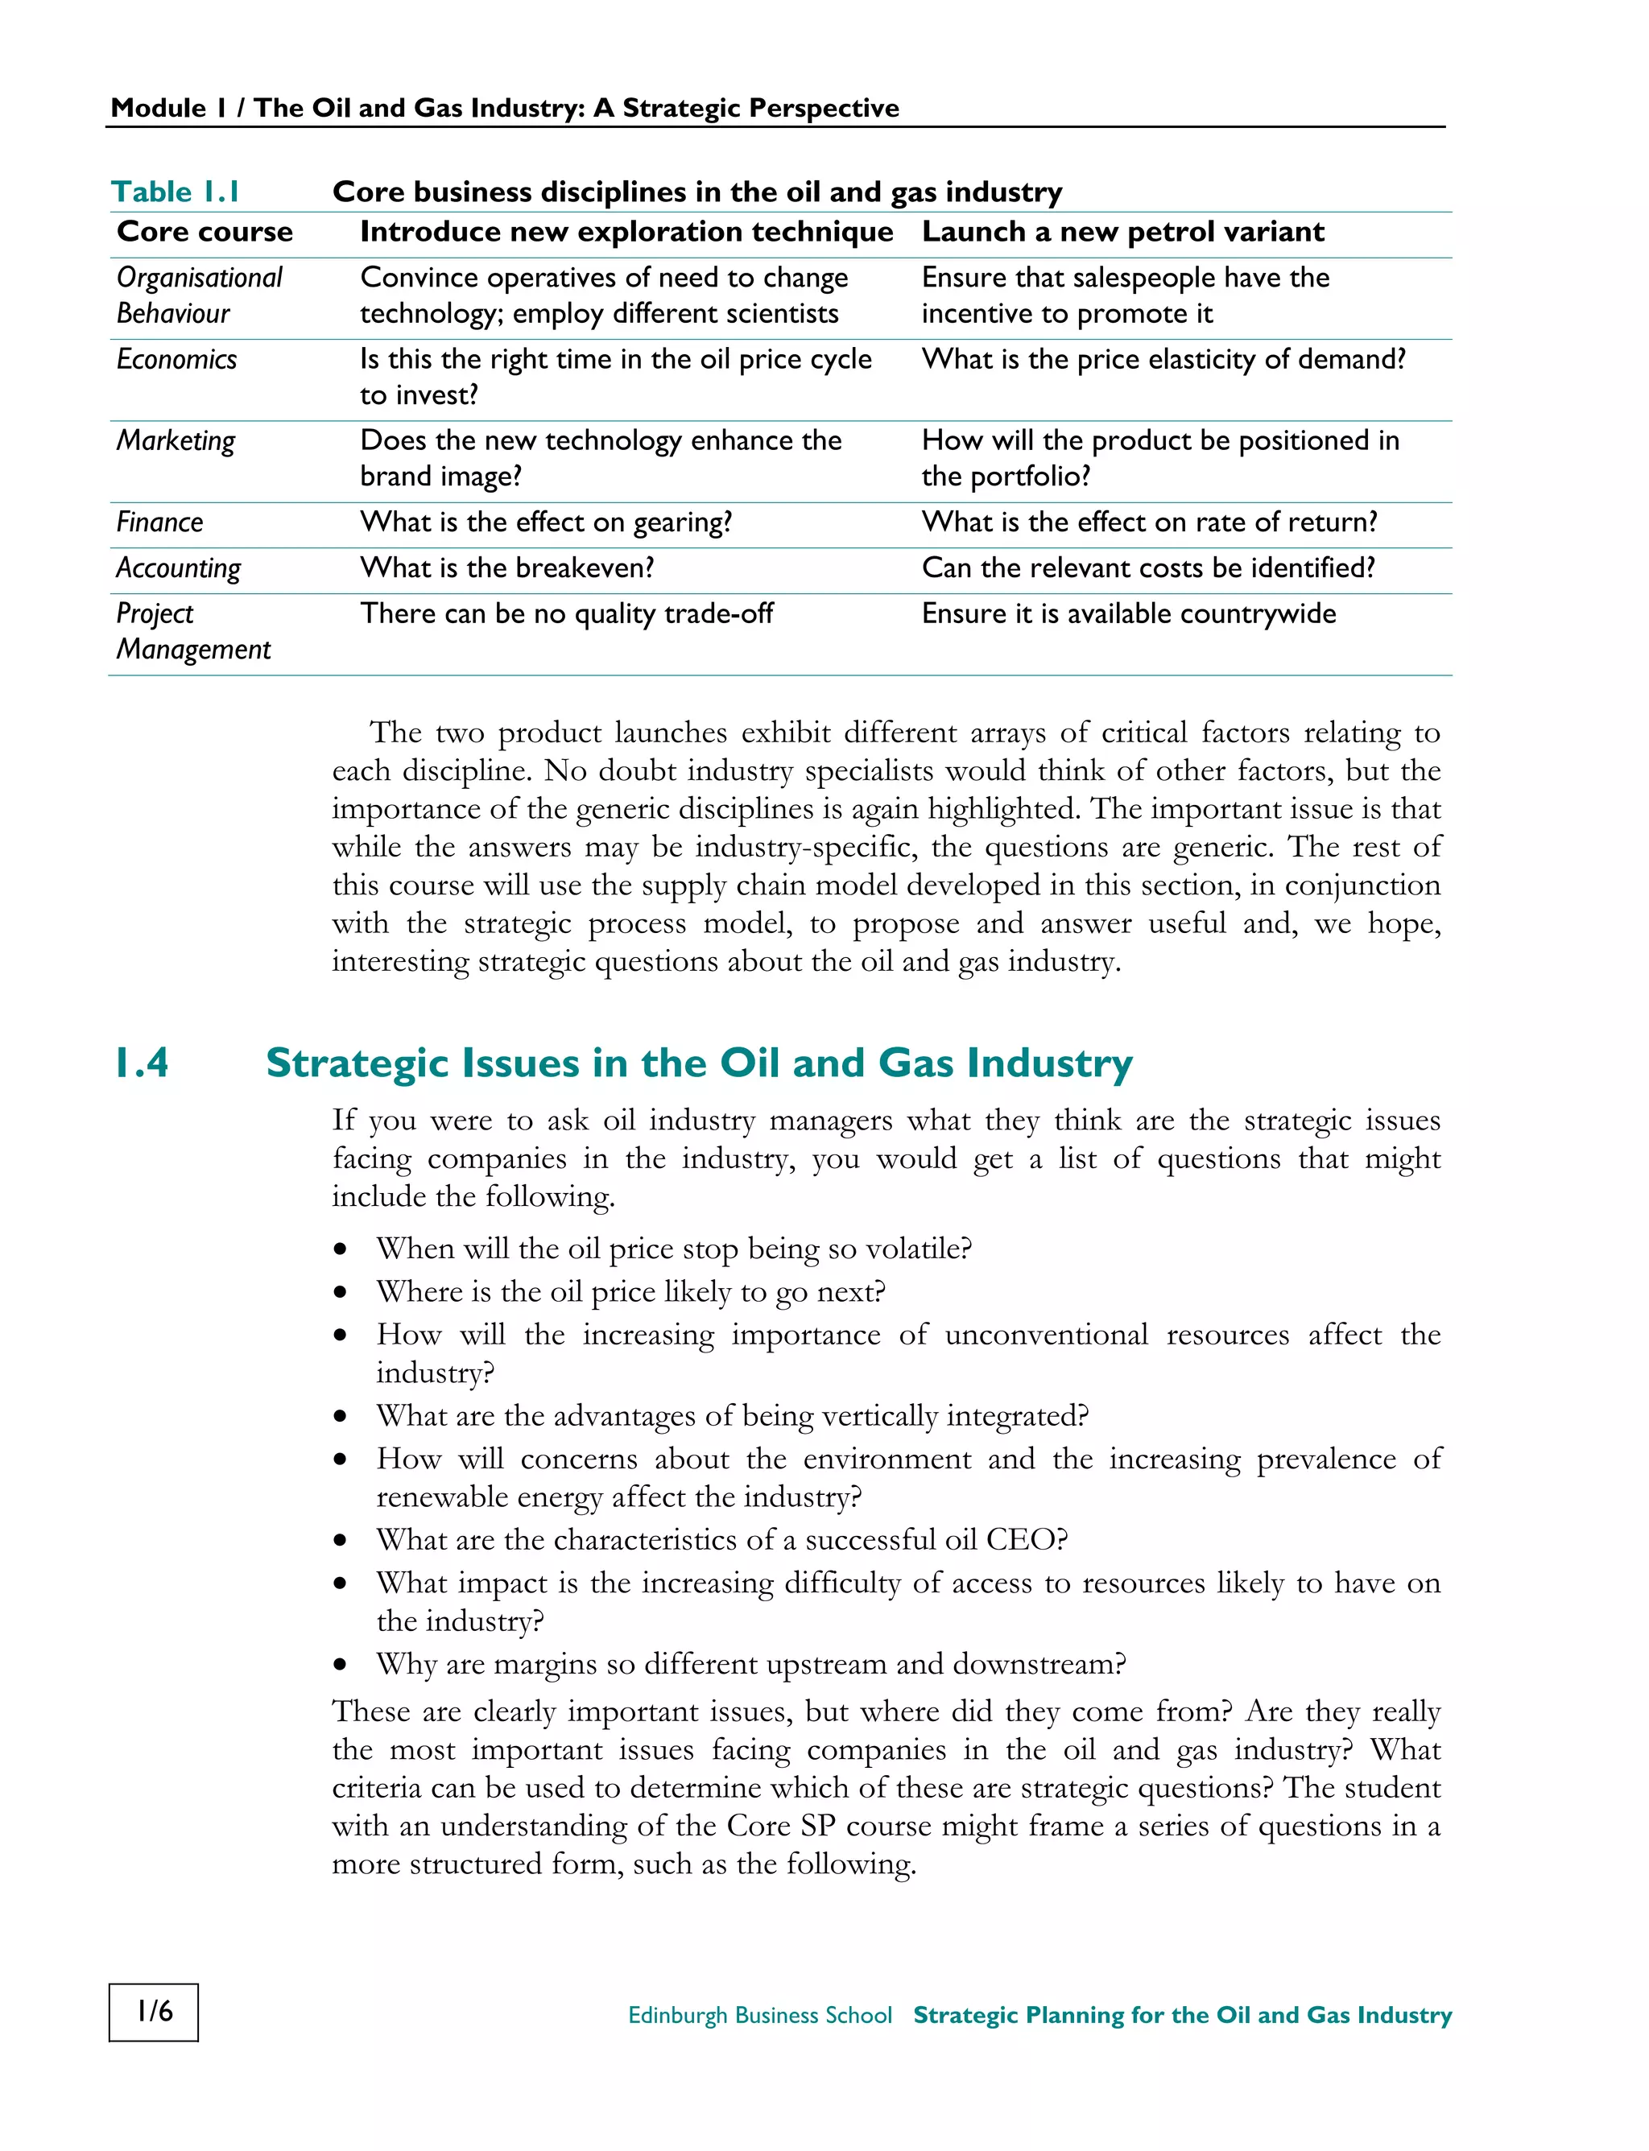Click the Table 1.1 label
tap(176, 192)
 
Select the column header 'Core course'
tap(205, 232)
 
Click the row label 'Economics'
tap(176, 359)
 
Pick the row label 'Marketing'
tap(176, 440)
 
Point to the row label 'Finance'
tap(160, 522)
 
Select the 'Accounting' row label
tap(179, 568)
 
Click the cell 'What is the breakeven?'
tap(506, 568)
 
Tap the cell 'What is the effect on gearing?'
tap(546, 522)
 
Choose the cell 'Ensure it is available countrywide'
tap(1128, 614)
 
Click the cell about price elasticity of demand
tap(1163, 359)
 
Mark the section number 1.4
tap(142, 1063)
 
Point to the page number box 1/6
tap(154, 2012)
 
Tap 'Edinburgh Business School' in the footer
tap(760, 2015)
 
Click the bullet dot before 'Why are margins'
tap(341, 1664)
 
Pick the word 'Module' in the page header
tap(158, 108)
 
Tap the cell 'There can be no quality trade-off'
tap(566, 614)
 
